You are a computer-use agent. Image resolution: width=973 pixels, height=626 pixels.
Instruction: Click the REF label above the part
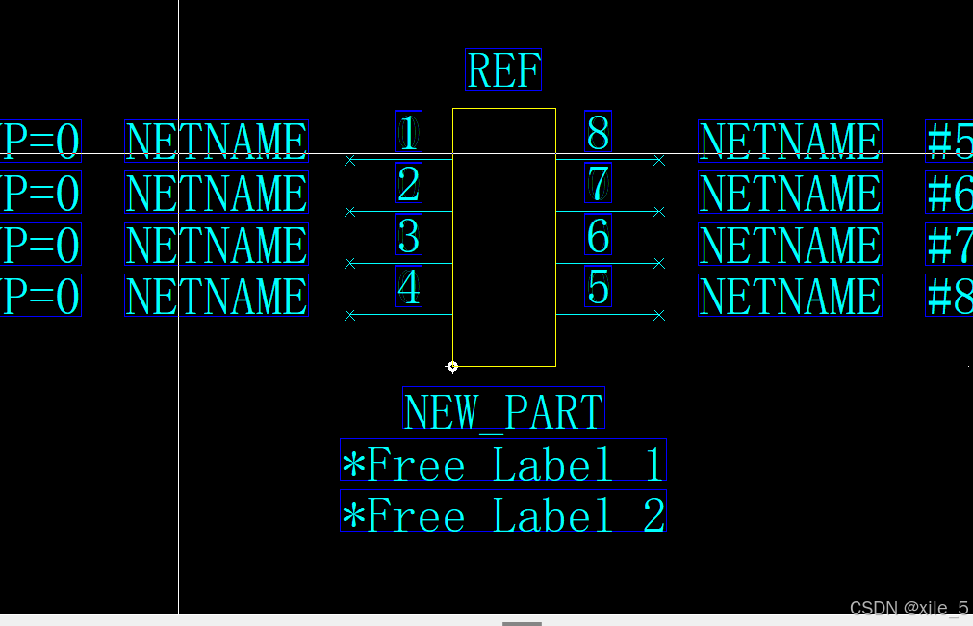point(503,70)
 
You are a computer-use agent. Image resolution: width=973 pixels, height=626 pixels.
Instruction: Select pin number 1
point(409,133)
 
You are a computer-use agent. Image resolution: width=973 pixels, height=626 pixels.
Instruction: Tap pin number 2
point(409,184)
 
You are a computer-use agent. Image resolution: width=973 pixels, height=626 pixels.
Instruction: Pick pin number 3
point(409,236)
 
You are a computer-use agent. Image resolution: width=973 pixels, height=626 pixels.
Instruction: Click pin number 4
point(409,287)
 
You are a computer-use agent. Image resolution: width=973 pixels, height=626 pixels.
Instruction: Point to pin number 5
point(598,287)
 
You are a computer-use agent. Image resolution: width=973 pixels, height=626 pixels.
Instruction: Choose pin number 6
point(598,236)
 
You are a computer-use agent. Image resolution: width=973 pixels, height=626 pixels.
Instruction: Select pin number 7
point(598,184)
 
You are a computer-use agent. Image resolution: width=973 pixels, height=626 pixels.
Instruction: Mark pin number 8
point(598,133)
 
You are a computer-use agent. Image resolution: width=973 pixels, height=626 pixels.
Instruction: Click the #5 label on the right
point(949,142)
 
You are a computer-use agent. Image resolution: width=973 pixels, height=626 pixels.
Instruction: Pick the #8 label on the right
point(949,297)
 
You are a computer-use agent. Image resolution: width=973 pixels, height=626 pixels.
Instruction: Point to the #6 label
point(949,194)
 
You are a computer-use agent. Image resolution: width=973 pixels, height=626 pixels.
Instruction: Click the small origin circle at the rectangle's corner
point(452,366)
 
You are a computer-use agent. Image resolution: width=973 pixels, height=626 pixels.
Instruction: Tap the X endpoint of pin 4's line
point(350,315)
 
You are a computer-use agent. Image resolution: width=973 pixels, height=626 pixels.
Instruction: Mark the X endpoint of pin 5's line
point(659,315)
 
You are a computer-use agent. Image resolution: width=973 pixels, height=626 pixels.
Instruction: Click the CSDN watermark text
point(909,608)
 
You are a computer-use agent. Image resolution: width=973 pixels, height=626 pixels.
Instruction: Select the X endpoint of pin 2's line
point(350,212)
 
